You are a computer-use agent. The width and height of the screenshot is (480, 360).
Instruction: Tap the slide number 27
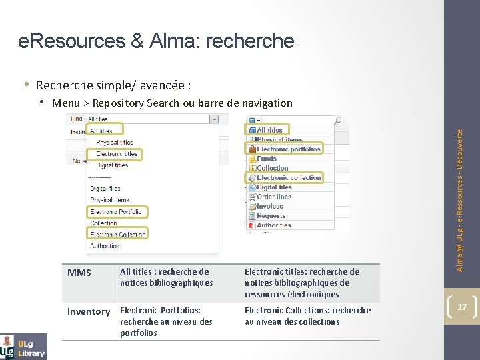coord(461,307)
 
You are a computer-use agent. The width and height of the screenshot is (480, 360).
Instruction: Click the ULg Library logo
coord(23,346)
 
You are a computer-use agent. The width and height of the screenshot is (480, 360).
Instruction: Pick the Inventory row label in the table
coord(88,311)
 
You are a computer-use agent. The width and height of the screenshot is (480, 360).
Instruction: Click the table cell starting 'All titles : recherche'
coord(166,277)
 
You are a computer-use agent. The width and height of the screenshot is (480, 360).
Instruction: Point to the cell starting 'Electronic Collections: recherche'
coord(307,315)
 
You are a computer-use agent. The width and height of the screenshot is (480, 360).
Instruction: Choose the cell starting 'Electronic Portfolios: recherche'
coord(166,321)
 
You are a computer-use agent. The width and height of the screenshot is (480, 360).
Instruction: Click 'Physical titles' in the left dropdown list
coord(114,142)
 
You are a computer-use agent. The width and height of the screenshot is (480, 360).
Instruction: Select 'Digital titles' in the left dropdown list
coord(111,165)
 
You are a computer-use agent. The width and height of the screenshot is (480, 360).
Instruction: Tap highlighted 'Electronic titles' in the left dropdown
coord(116,153)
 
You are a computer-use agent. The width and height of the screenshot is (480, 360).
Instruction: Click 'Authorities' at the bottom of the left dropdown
coord(105,246)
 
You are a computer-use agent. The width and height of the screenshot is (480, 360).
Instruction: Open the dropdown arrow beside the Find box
coord(213,119)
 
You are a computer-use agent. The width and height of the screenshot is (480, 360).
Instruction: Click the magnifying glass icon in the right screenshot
coord(338,121)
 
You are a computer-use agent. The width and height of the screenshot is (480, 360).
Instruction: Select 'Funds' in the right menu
coord(267,159)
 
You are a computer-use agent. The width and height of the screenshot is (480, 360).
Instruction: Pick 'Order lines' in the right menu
coord(274,197)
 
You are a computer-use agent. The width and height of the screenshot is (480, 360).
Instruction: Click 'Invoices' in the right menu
coord(270,206)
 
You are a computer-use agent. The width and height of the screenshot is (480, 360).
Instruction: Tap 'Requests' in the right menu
coord(271,216)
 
